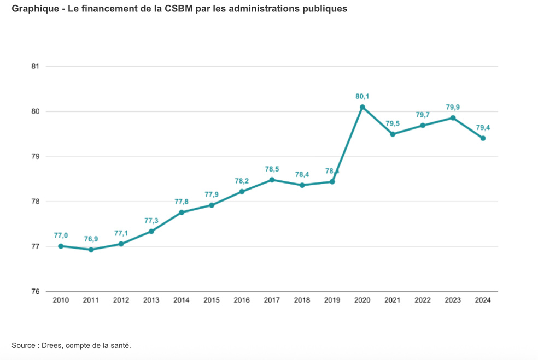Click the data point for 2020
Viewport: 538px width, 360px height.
362,107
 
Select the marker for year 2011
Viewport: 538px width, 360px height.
91,250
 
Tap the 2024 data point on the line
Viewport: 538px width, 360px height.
483,138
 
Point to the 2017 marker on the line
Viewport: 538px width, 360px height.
272,180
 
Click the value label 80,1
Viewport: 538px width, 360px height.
362,97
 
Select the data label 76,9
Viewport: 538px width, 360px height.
91,239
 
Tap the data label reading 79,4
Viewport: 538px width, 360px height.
483,128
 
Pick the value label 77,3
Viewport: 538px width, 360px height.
151,221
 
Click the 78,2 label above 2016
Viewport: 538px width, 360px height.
242,181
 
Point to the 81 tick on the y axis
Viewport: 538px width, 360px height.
36,67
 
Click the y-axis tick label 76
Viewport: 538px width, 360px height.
36,292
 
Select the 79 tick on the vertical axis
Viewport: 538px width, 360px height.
36,157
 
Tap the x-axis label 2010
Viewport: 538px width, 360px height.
61,300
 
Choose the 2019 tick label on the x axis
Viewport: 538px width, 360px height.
332,300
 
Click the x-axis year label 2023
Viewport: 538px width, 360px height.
453,300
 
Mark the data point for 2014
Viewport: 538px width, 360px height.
182,212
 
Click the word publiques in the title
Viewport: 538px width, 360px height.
325,9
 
